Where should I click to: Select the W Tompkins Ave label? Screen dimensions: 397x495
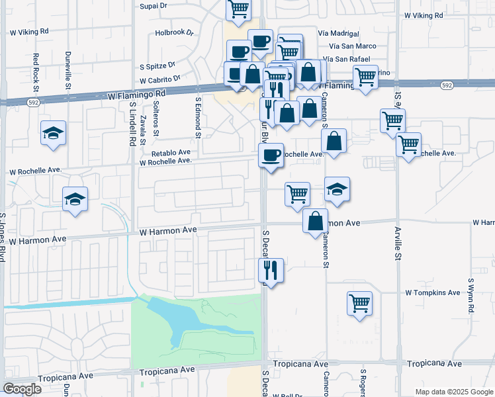click(x=433, y=292)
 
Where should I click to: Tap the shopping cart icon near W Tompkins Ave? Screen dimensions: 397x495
click(x=359, y=303)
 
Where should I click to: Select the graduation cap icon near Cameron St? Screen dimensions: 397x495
click(x=337, y=190)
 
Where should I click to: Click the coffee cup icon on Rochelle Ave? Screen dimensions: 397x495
click(x=271, y=155)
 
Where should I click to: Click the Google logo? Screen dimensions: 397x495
click(x=22, y=389)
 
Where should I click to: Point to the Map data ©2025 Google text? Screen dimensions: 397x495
click(x=453, y=392)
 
